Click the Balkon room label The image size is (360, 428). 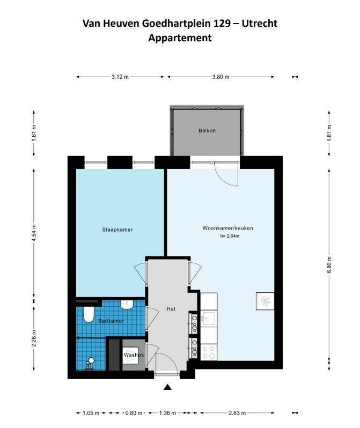[207, 130]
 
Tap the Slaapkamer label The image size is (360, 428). [117, 230]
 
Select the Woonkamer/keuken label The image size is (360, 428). [227, 228]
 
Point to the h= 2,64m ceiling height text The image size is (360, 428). [230, 236]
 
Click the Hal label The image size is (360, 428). [171, 309]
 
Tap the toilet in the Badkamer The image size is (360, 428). [89, 314]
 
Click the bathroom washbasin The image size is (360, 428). [127, 305]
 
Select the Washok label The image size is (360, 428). [134, 355]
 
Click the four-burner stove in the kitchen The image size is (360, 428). [209, 352]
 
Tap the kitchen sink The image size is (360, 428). [208, 319]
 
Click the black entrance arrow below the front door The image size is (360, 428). [167, 387]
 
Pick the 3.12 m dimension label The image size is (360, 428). [120, 77]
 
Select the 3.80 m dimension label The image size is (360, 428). [221, 77]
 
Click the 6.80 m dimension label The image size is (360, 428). [329, 264]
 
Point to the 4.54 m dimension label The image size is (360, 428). [34, 233]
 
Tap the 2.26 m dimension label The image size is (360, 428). [34, 338]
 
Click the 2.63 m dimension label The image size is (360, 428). [237, 413]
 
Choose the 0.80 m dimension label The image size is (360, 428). [134, 413]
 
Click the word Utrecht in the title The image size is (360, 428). [260, 24]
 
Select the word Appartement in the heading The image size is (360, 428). [180, 38]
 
